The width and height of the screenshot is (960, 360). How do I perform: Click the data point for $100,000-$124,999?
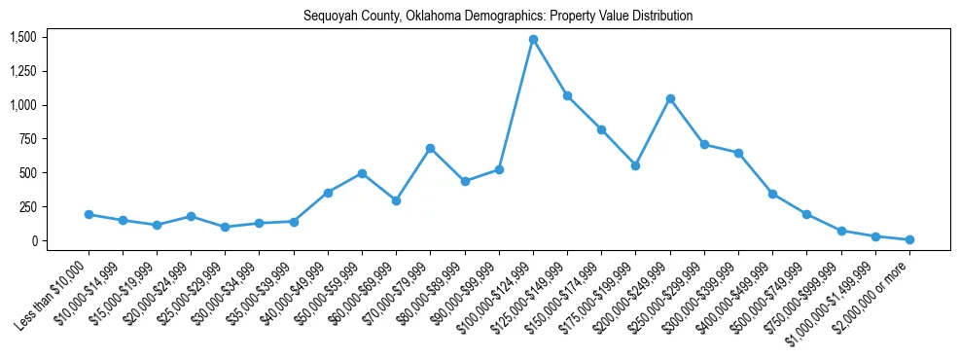pyautogui.click(x=533, y=40)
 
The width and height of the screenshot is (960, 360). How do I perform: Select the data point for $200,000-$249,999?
pyautogui.click(x=670, y=98)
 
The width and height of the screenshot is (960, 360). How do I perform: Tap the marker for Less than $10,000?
pyautogui.click(x=89, y=214)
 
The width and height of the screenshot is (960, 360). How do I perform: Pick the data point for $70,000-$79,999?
pyautogui.click(x=430, y=148)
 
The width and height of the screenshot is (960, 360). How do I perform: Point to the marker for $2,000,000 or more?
pyautogui.click(x=909, y=239)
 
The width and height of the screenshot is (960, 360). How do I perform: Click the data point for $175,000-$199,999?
pyautogui.click(x=635, y=165)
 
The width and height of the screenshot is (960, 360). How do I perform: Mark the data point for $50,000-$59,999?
pyautogui.click(x=362, y=173)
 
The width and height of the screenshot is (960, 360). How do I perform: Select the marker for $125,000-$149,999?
pyautogui.click(x=567, y=95)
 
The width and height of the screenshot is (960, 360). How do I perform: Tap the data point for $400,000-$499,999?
pyautogui.click(x=772, y=194)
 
